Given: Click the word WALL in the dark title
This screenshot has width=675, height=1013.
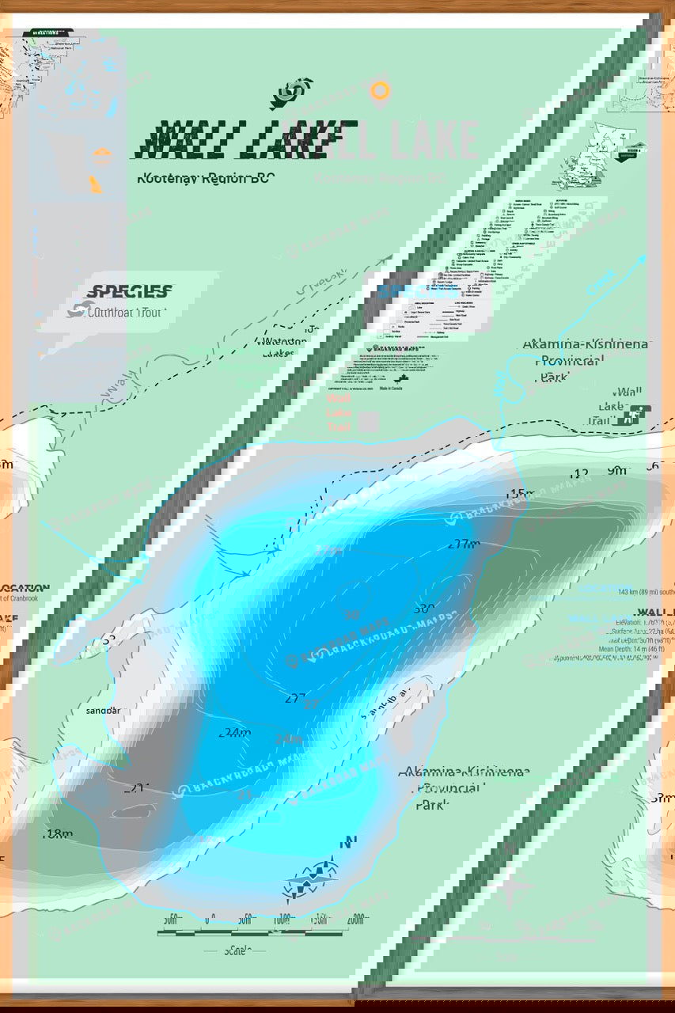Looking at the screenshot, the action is [190, 141].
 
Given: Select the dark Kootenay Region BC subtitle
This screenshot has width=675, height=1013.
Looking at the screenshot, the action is [205, 178].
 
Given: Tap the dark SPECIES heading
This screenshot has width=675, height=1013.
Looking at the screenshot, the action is [129, 291].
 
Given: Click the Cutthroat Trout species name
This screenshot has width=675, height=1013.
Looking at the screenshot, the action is [124, 312].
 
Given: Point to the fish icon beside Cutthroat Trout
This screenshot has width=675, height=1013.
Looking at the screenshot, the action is [76, 310].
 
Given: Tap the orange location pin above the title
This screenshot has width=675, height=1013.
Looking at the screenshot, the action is [381, 92].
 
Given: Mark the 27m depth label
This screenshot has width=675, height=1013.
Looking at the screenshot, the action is [464, 544].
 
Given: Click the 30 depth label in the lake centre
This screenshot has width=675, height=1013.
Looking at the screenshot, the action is [424, 609].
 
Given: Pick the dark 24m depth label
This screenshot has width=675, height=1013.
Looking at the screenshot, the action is [234, 733].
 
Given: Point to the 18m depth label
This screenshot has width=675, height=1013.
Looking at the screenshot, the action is [59, 833].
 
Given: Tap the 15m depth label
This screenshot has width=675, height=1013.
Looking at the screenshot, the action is [520, 495].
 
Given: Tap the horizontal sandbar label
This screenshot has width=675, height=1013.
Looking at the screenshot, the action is [104, 711].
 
